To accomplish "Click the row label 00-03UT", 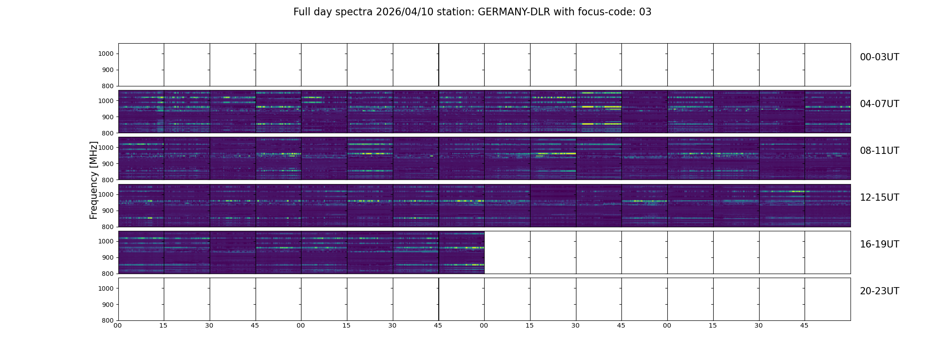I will click(879, 57).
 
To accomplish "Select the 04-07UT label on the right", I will click(879, 104).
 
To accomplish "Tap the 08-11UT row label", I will click(879, 151).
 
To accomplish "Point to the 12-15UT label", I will click(879, 198).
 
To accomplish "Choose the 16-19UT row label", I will click(879, 244).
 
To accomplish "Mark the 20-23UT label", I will click(879, 291).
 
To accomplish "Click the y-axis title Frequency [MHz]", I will click(94, 180).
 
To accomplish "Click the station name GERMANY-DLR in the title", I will click(514, 12).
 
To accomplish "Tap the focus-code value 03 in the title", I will click(645, 12).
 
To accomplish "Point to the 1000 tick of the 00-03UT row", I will click(107, 54).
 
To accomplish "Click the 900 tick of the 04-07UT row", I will click(108, 117).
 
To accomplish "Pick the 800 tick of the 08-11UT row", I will click(108, 180).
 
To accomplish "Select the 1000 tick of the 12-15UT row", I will click(107, 194).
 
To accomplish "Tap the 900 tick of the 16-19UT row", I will click(108, 257).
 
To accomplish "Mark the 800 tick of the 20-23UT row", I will click(108, 320).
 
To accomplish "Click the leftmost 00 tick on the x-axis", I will click(118, 325).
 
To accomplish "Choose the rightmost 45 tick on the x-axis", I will click(804, 325).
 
